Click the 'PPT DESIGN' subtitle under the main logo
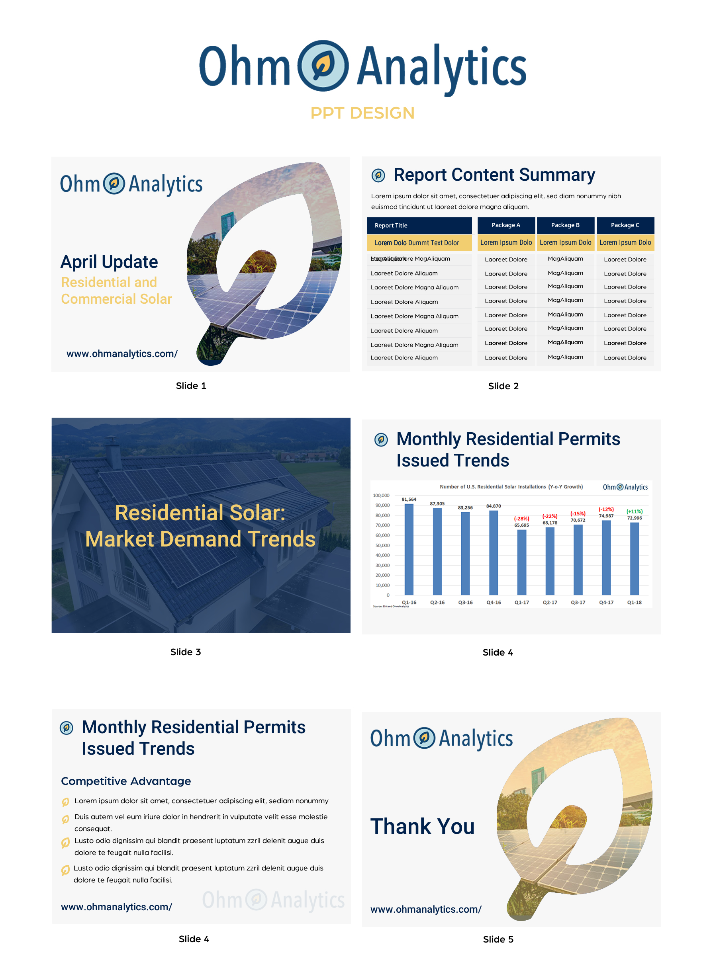(362, 113)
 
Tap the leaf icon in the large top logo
(323, 66)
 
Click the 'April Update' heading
(109, 262)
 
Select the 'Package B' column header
(565, 225)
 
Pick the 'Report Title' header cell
(391, 225)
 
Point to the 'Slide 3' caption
(185, 652)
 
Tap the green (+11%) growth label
(634, 511)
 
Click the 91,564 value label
(409, 500)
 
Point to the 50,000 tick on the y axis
(382, 545)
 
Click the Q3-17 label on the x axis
(578, 602)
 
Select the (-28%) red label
(521, 519)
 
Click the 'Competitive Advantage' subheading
(126, 781)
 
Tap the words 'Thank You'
(422, 826)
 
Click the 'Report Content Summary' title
(494, 175)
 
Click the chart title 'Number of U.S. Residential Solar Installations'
(492, 487)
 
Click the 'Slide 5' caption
(498, 939)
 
